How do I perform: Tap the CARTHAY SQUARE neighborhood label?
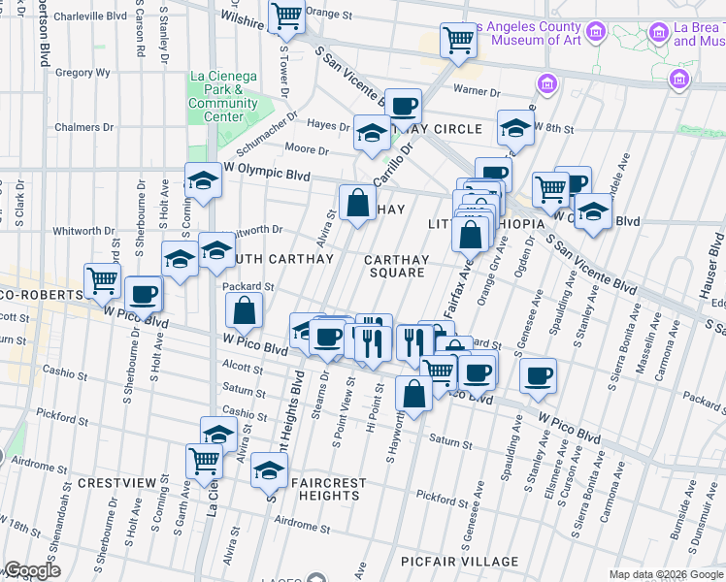point(395,266)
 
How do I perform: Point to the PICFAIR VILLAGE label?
point(472,562)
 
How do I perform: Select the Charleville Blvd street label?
point(89,16)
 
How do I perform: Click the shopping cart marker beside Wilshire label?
point(286,16)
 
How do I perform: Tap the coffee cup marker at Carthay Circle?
point(403,106)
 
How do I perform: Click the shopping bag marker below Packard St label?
point(244,310)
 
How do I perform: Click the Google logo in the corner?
point(32,570)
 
